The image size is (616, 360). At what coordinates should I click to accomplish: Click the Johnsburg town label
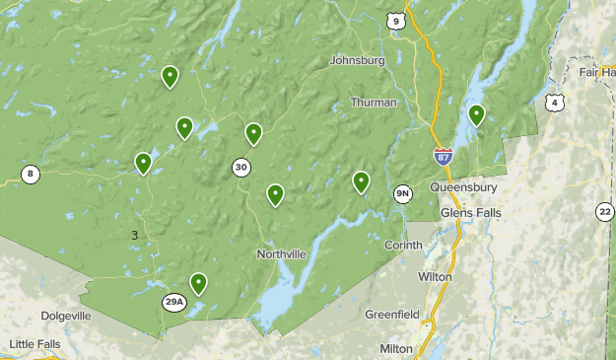click(x=357, y=60)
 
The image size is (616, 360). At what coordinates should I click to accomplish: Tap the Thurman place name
click(x=374, y=103)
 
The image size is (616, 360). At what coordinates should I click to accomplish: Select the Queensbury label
click(x=463, y=187)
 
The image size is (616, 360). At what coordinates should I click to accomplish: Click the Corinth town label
click(x=402, y=245)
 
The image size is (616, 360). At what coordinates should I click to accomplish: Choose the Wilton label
click(x=435, y=277)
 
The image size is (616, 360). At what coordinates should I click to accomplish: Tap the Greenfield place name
click(x=392, y=315)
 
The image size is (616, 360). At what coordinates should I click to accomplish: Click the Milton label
click(x=396, y=349)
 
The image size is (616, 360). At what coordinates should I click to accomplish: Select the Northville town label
click(x=281, y=254)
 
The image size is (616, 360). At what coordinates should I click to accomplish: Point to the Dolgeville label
click(x=66, y=316)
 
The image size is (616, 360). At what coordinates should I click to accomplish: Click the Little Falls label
click(x=34, y=344)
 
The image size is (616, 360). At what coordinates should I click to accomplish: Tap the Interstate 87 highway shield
click(x=444, y=155)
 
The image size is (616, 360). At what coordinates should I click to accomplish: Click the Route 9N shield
click(x=403, y=192)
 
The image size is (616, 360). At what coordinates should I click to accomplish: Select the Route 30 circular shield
click(x=241, y=168)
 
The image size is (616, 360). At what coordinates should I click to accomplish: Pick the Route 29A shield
click(x=174, y=302)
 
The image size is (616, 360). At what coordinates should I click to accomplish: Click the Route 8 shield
click(x=31, y=175)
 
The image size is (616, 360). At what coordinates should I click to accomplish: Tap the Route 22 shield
click(x=604, y=211)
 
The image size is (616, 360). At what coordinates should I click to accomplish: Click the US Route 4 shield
click(x=558, y=103)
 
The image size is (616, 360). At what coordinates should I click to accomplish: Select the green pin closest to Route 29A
click(x=199, y=283)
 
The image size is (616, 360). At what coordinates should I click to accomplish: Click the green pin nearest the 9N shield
click(x=362, y=180)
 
